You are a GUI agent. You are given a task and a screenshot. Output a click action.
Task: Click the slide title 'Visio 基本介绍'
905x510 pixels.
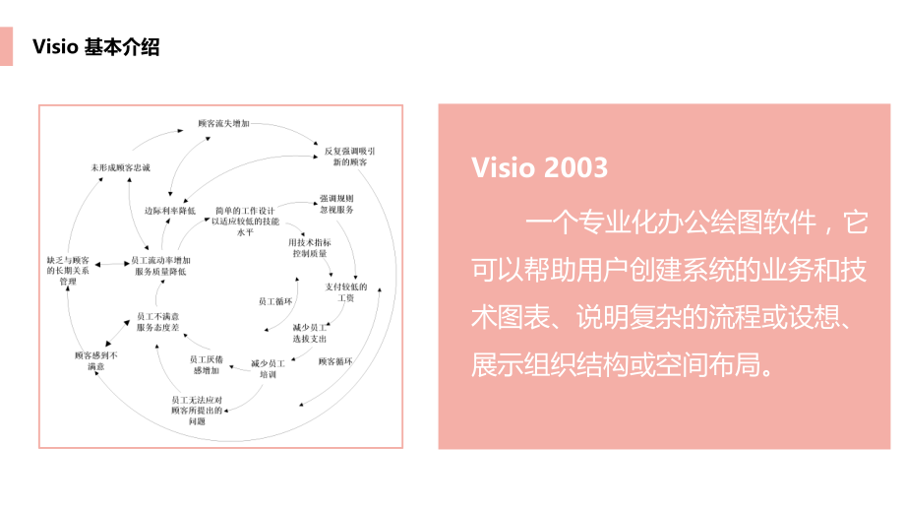[x=95, y=47]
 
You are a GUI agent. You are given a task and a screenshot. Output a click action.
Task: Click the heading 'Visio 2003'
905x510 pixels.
[x=539, y=167]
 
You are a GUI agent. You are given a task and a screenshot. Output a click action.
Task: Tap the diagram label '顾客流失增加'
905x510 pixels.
[x=224, y=125]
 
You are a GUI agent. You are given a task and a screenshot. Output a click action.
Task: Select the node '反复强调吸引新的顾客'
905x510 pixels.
[x=349, y=156]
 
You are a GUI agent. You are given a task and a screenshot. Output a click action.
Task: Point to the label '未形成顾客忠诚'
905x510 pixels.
[x=120, y=168]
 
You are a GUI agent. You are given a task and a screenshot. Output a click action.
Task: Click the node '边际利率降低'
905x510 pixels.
[x=170, y=211]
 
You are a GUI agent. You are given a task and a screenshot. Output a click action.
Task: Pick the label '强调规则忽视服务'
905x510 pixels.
[x=336, y=204]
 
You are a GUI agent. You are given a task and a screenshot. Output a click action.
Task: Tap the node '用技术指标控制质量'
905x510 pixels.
[x=310, y=247]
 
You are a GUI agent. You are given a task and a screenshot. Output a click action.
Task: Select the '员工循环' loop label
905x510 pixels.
[x=274, y=301]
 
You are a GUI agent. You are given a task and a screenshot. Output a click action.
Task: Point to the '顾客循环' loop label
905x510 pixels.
[x=334, y=361]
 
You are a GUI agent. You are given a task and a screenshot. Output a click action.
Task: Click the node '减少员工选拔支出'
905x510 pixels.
[x=310, y=332]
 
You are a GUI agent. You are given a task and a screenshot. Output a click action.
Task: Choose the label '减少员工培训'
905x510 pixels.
[x=269, y=368]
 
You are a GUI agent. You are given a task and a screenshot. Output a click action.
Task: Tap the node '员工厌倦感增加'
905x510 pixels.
[x=207, y=365]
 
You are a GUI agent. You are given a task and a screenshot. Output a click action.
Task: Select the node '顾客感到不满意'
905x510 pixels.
[x=96, y=360]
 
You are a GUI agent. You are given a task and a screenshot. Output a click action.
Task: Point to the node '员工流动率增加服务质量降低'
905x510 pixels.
[x=160, y=266]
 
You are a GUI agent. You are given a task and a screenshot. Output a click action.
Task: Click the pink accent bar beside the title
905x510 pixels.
[x=6, y=46]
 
